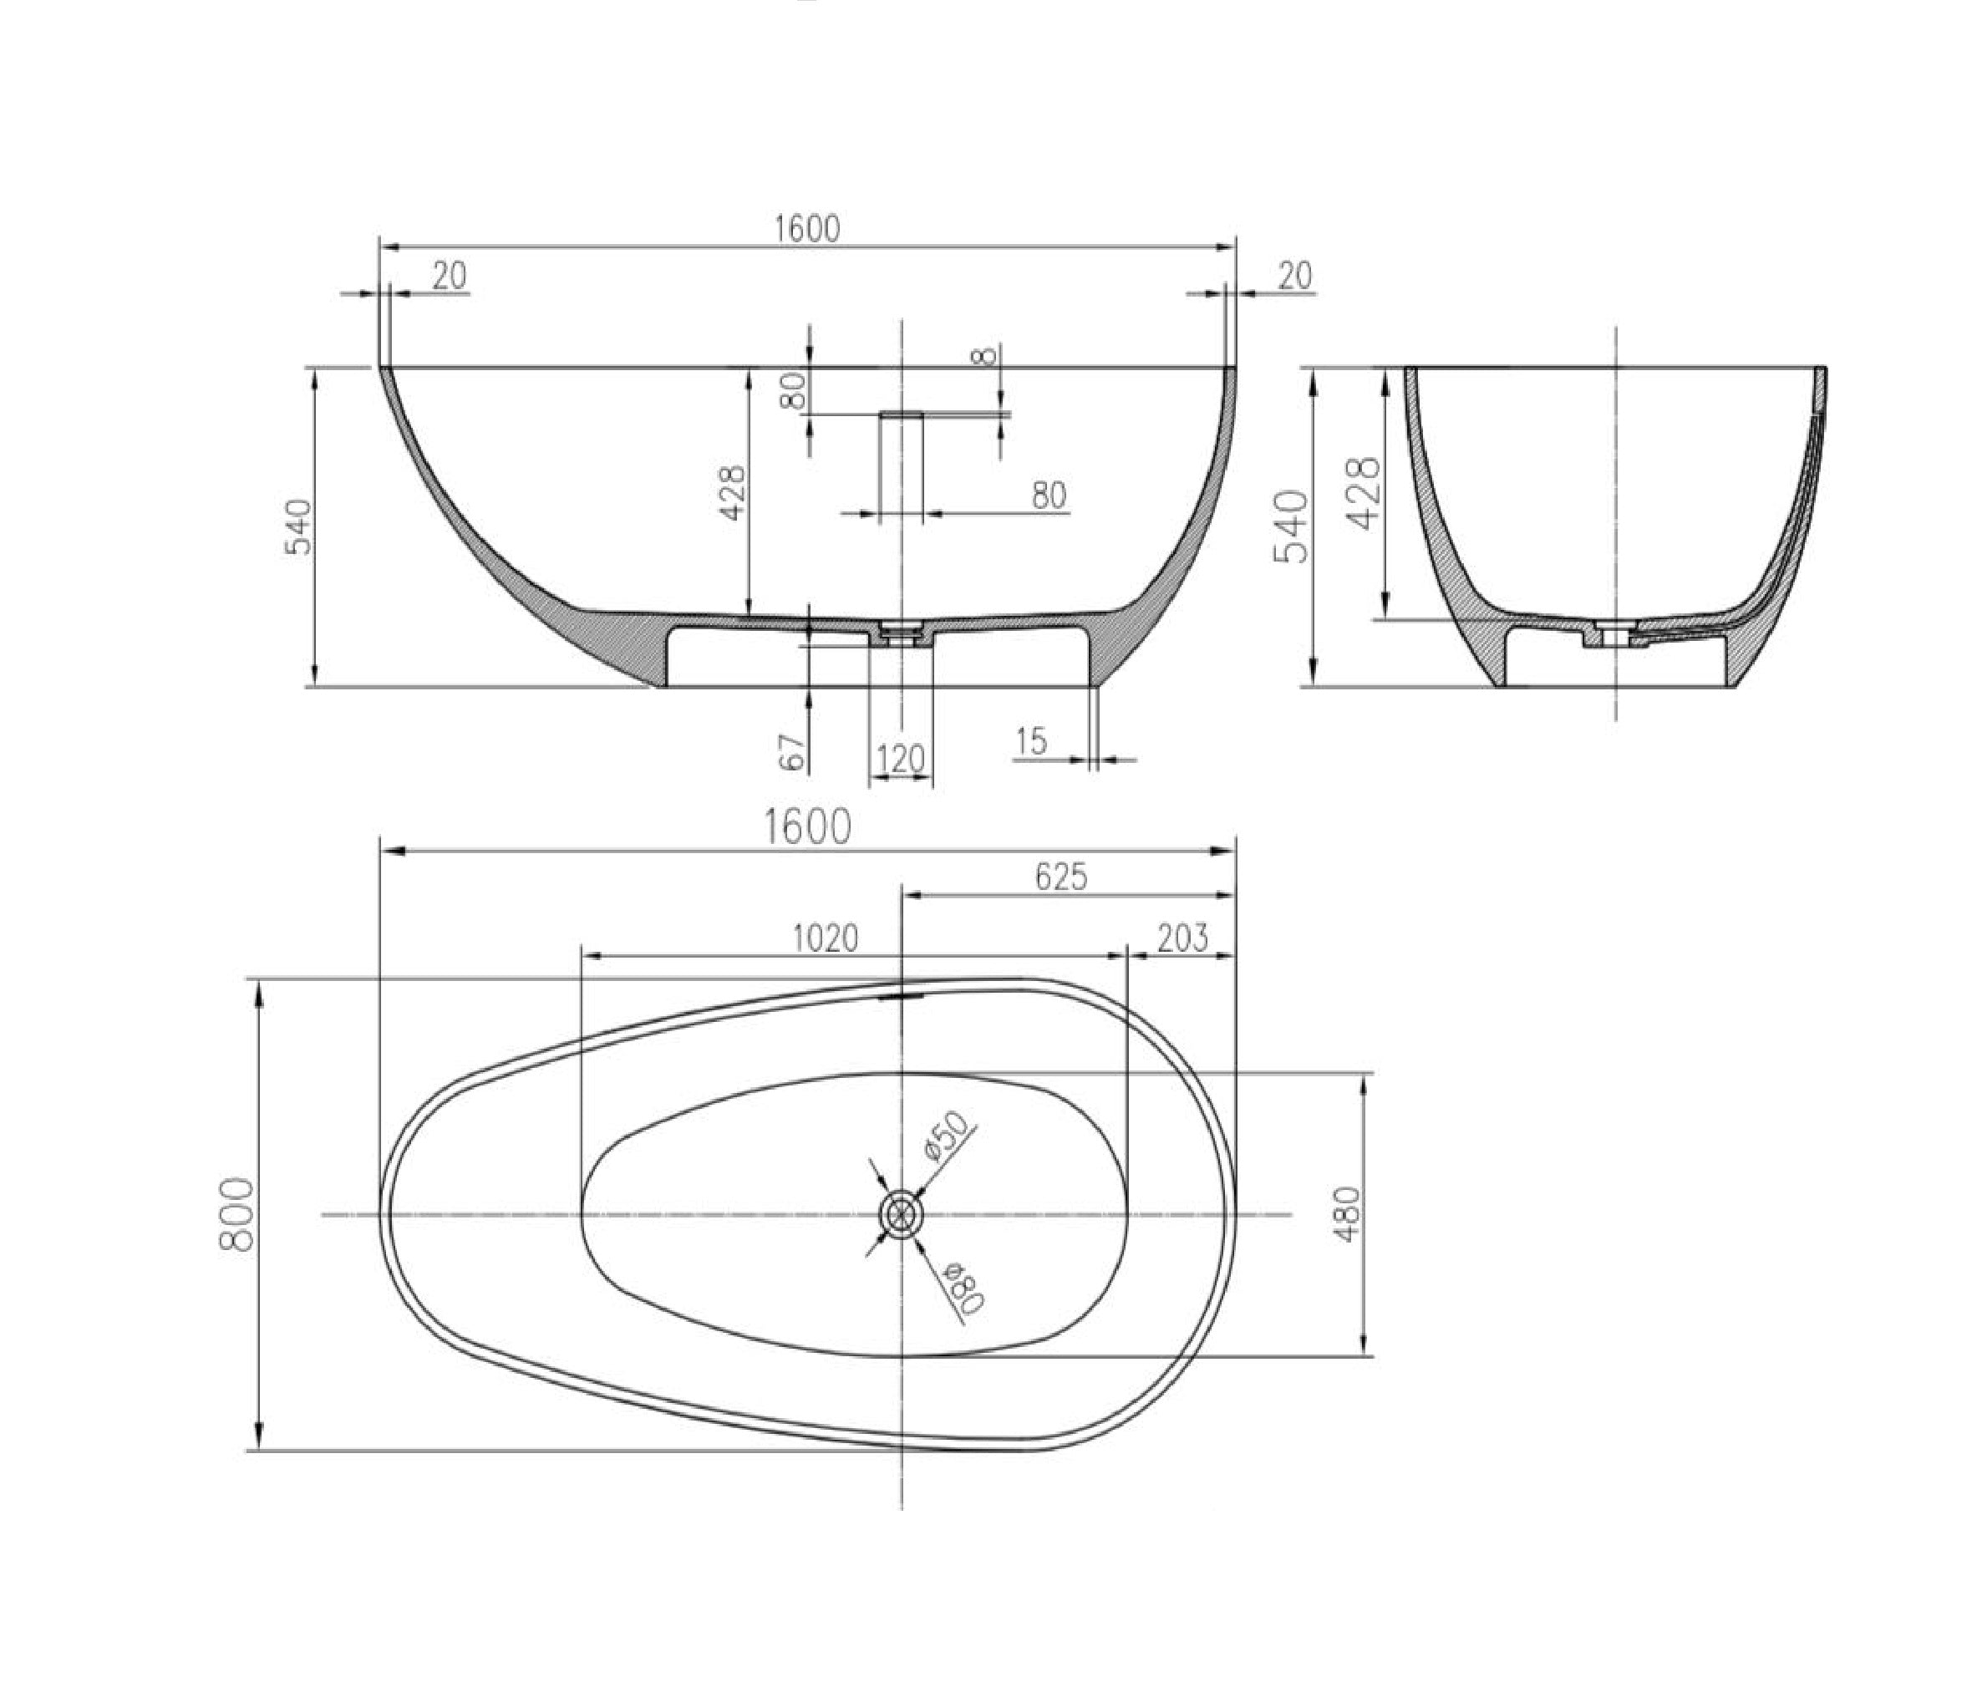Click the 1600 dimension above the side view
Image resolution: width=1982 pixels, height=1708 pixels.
(806, 230)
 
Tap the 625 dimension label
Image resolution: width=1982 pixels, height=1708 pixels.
(1061, 877)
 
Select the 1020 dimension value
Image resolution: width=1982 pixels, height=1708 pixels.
(826, 938)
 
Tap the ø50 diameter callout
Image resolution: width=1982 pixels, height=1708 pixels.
(947, 1138)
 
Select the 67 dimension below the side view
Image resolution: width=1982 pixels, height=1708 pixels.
(793, 753)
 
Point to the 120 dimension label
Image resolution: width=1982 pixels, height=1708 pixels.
(900, 760)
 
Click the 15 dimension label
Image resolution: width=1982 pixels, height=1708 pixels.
(1032, 740)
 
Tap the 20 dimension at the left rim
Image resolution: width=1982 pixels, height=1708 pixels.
(448, 277)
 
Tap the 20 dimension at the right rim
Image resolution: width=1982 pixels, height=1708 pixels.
(1294, 277)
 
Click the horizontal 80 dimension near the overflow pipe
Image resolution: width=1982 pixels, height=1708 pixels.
(1049, 496)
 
